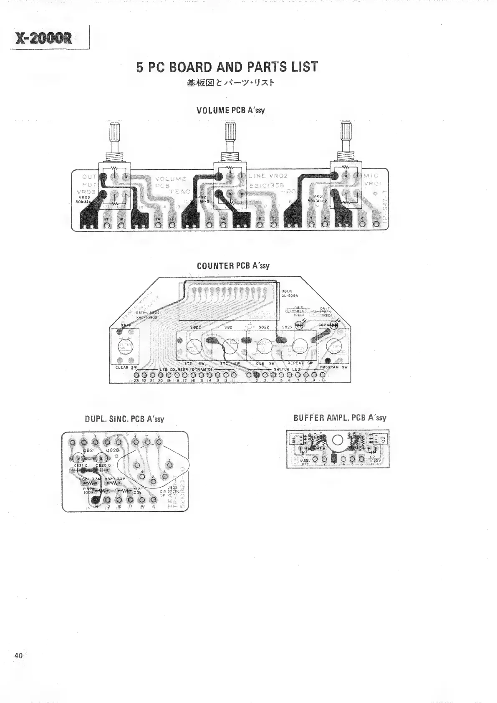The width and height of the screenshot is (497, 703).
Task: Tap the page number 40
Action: click(x=18, y=655)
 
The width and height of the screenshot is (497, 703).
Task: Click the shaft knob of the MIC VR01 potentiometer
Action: click(x=346, y=132)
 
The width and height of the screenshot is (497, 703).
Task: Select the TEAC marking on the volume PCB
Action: click(x=180, y=192)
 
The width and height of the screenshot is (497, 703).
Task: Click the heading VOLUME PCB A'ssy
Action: click(x=231, y=110)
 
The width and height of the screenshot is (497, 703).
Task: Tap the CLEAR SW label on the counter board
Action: click(x=126, y=367)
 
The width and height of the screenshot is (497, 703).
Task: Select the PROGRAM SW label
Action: click(x=333, y=367)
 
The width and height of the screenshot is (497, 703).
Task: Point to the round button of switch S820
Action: click(x=194, y=346)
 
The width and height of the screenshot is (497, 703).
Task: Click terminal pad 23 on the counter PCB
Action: click(x=136, y=374)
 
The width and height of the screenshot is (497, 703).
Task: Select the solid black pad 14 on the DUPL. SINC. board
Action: click(x=96, y=499)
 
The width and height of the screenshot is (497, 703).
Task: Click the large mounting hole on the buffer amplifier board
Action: click(x=338, y=440)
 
